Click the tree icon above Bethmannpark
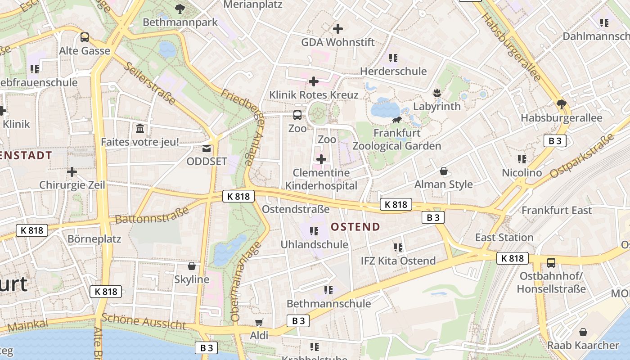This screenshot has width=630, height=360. tap(180, 8)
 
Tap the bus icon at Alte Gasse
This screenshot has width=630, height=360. tap(85, 37)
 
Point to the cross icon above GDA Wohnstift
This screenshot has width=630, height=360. tap(338, 29)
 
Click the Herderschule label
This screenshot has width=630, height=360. tap(393, 71)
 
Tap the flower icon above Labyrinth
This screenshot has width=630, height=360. tap(436, 94)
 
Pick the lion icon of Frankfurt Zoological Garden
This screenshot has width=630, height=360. tap(397, 120)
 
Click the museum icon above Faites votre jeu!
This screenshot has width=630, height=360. tap(140, 129)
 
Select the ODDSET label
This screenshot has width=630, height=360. tap(207, 161)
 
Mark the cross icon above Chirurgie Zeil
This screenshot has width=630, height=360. tap(72, 171)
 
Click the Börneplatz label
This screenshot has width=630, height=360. tap(94, 238)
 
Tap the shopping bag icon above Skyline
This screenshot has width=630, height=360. tap(192, 266)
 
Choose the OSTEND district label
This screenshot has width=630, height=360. tap(355, 227)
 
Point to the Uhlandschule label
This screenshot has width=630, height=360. tap(315, 244)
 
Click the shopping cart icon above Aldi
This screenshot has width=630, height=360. tap(259, 322)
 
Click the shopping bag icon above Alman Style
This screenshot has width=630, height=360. tap(444, 171)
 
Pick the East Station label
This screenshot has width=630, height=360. tap(504, 237)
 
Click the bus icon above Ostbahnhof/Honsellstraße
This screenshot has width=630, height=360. tap(551, 262)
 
